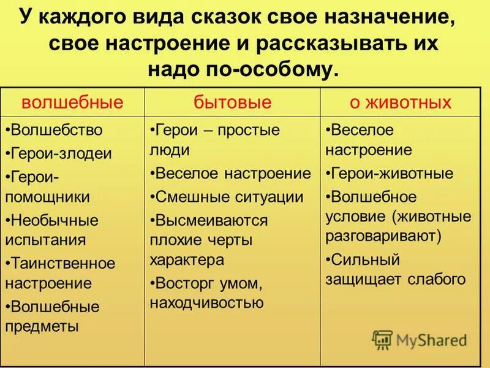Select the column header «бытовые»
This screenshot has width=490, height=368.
click(232, 102)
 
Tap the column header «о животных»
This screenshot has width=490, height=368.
click(401, 102)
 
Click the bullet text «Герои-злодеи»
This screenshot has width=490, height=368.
click(61, 153)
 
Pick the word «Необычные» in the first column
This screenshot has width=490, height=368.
click(55, 220)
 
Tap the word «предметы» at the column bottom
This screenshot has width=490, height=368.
click(42, 326)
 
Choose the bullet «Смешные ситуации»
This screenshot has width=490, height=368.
click(229, 196)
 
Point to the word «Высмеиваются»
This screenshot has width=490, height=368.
click(211, 220)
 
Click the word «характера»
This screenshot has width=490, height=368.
click(186, 259)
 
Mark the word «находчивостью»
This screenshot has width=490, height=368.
click(206, 302)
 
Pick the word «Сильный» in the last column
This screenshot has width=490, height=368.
click(365, 259)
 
